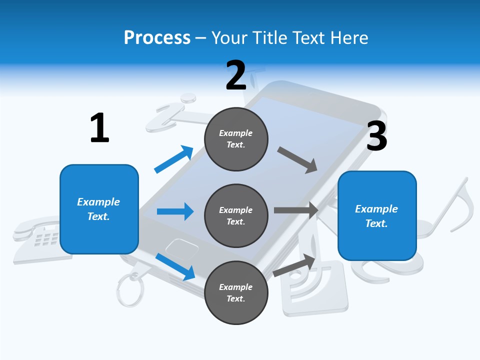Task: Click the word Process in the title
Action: [x=157, y=37]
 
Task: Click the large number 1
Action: [x=99, y=128]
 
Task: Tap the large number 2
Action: [x=236, y=75]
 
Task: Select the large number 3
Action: [x=376, y=136]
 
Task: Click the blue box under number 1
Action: [x=99, y=209]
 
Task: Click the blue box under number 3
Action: [x=377, y=215]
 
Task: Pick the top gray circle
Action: [x=236, y=139]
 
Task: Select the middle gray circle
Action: [x=236, y=215]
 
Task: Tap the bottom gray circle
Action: [x=236, y=292]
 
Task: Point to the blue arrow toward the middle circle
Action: [x=175, y=211]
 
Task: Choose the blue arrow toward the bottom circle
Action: [x=175, y=266]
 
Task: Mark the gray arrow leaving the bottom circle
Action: [x=294, y=265]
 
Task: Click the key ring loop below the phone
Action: [x=129, y=289]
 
